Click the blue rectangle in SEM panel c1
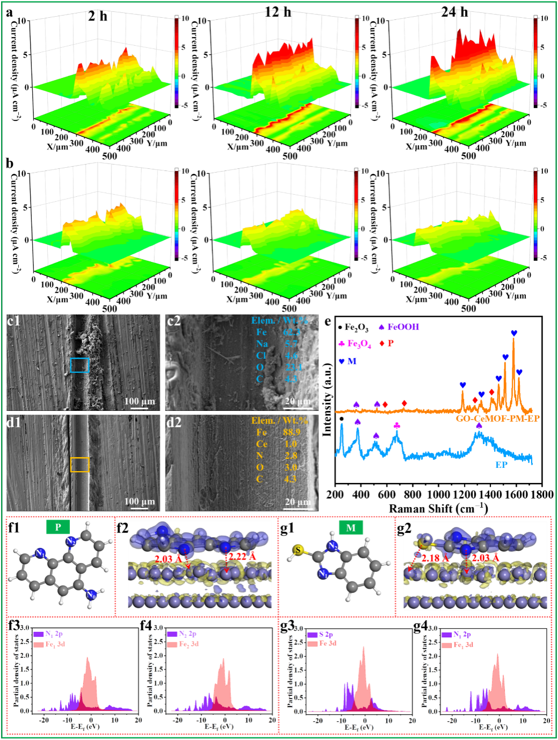click(x=79, y=365)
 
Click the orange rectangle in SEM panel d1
click(x=79, y=465)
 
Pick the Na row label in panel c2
click(x=262, y=344)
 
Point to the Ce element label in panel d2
click(x=262, y=444)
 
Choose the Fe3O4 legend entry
click(x=356, y=344)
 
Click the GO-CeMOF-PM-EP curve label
click(x=498, y=418)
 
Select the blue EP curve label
click(x=501, y=465)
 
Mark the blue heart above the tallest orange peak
click(x=514, y=333)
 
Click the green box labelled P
click(x=58, y=527)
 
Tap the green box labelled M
click(x=351, y=528)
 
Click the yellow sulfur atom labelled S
click(x=299, y=550)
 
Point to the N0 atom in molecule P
click(x=91, y=595)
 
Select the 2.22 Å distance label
click(x=242, y=557)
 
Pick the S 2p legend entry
click(x=321, y=635)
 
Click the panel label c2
click(x=174, y=321)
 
